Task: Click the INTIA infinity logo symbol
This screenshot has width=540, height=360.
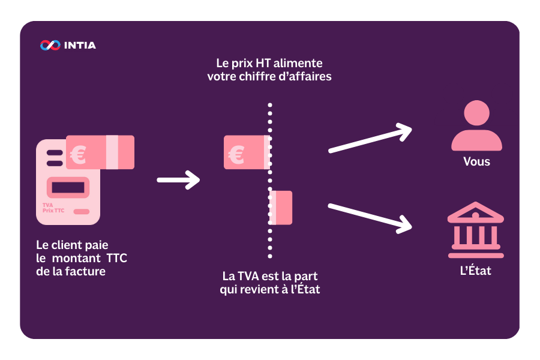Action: click(50, 45)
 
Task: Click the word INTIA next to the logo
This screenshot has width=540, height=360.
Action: click(80, 45)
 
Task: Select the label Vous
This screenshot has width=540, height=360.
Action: click(476, 162)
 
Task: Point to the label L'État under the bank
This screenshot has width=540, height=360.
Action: click(476, 271)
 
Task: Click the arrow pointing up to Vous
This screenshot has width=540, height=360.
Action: click(371, 139)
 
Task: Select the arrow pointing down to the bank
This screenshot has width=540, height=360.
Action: click(371, 217)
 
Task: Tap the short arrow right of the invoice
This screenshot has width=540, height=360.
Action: click(178, 179)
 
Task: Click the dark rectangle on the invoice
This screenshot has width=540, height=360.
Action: click(68, 187)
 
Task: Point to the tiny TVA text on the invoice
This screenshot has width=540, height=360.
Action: click(47, 205)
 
